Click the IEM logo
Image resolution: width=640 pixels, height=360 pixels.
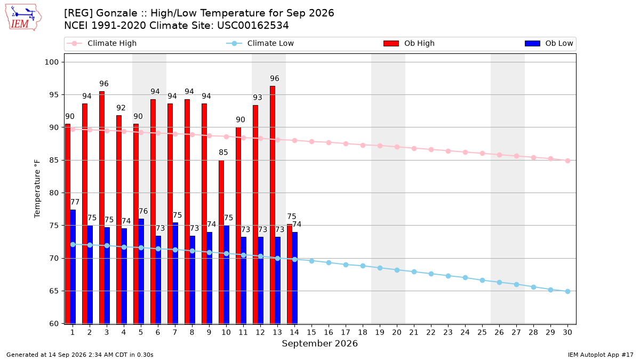[23, 18]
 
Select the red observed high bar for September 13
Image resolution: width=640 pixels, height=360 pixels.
[273, 205]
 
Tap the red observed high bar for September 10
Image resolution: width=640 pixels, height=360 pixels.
[221, 242]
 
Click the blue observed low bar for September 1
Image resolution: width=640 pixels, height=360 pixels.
[73, 267]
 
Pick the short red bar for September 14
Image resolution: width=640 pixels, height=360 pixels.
[290, 274]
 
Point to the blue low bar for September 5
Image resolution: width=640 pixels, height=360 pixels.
[141, 271]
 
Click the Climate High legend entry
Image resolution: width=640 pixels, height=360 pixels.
[101, 43]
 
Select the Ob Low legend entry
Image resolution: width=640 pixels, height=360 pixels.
[549, 43]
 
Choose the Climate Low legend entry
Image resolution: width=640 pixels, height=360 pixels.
[260, 43]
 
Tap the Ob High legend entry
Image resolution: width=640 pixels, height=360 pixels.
[409, 43]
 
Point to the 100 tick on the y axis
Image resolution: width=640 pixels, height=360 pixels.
[51, 62]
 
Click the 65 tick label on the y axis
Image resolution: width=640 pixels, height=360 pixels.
[54, 291]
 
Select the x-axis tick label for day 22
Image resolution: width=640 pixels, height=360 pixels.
[431, 332]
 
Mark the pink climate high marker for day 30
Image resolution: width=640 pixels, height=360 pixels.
[567, 161]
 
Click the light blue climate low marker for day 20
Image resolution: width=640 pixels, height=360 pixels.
[397, 270]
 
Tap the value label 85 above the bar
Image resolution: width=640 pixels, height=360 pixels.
[223, 153]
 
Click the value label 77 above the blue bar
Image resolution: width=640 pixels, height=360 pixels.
[75, 202]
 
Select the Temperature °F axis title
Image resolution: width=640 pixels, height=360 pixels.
[37, 189]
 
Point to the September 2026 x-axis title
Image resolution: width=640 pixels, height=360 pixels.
[319, 343]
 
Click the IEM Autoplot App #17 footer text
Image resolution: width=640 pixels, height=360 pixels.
[601, 355]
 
